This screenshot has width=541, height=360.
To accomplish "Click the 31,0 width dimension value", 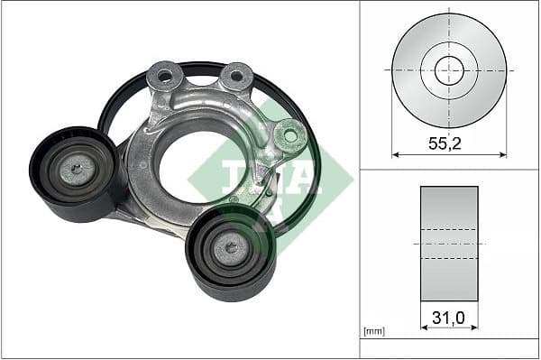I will [x=448, y=318].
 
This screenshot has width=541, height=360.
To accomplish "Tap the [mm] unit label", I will [x=373, y=332].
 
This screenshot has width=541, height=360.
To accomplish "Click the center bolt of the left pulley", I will [x=76, y=168].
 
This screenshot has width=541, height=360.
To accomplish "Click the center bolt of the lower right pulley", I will [x=231, y=247].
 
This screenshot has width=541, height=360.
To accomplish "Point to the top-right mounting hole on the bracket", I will [x=236, y=77].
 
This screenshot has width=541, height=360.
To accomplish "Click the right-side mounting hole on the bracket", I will [x=289, y=136].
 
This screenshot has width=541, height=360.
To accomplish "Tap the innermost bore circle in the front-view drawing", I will [x=449, y=69].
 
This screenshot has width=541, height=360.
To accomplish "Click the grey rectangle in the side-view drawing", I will [x=449, y=244].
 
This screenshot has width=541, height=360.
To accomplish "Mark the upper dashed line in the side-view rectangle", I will [x=449, y=229].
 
